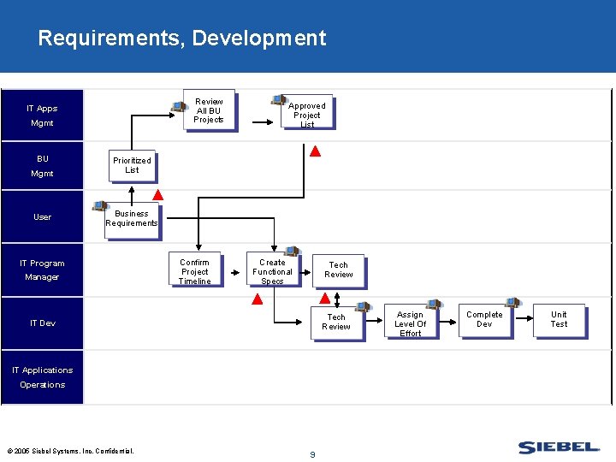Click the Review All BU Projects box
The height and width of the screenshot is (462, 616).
click(209, 110)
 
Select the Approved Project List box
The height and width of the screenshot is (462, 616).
click(306, 112)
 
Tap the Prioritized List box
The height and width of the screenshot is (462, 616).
click(132, 165)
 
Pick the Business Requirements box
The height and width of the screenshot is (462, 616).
click(132, 219)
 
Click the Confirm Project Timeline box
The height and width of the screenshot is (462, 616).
click(194, 269)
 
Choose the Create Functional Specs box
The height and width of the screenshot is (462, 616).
click(272, 269)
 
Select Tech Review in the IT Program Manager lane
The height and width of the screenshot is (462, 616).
click(338, 270)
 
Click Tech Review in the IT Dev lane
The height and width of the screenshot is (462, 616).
click(336, 323)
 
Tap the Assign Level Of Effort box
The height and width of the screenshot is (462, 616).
click(410, 323)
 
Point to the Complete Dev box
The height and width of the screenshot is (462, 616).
click(484, 320)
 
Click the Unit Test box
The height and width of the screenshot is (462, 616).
click(559, 320)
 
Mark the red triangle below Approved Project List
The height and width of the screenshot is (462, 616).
click(315, 152)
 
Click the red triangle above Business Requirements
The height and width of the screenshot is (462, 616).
click(157, 195)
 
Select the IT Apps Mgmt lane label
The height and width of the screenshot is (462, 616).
click(42, 115)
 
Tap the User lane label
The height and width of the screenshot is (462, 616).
click(42, 217)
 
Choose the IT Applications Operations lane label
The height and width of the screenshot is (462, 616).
click(42, 377)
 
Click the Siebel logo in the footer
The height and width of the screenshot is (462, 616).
click(559, 447)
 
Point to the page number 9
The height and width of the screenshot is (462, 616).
click(312, 454)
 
